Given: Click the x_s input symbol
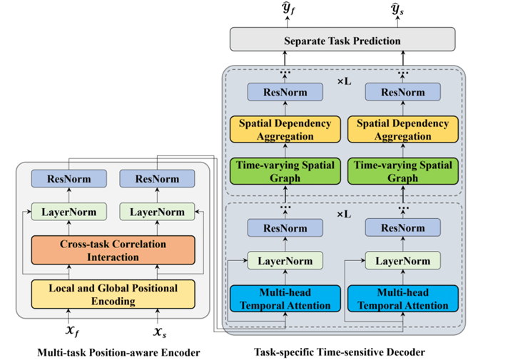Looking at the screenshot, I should click(158, 329).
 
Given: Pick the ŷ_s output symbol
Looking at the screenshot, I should click(400, 9).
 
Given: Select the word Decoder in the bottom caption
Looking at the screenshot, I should click(406, 351).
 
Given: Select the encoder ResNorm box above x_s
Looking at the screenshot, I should click(158, 179).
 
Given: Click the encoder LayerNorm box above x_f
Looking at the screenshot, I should click(69, 212).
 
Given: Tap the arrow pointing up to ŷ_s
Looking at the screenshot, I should click(400, 21).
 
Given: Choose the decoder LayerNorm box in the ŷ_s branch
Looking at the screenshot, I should click(400, 260).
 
